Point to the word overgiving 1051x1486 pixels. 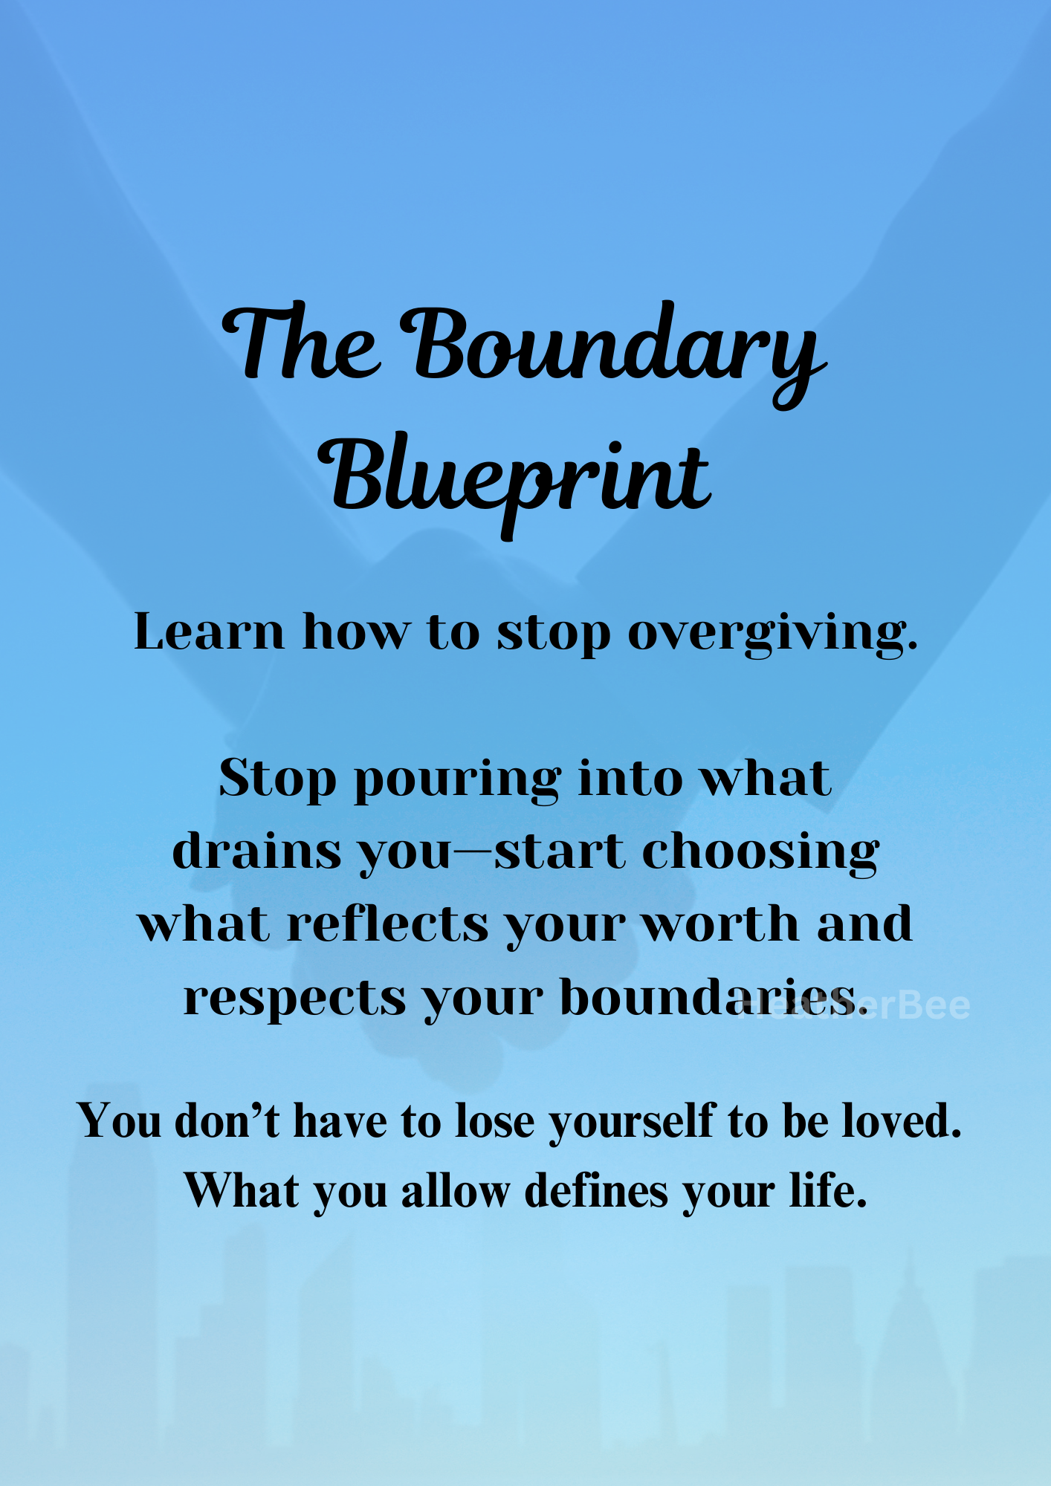tap(772, 634)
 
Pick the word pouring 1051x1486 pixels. tap(457, 780)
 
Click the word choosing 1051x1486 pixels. tap(760, 851)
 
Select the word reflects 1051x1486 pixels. tap(388, 924)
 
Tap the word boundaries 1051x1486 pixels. tap(714, 998)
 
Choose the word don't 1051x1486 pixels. tap(227, 1120)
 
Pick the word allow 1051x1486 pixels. tap(455, 1192)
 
